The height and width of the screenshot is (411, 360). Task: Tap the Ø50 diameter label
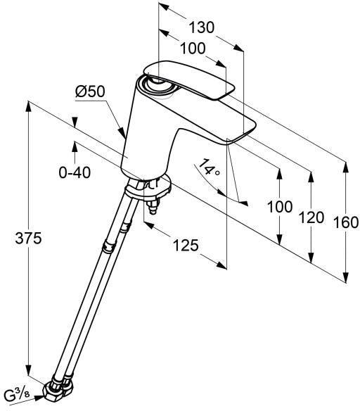89,91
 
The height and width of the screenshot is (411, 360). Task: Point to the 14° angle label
209,170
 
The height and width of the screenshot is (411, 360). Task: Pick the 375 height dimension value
15,239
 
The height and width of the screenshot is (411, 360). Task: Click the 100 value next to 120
280,208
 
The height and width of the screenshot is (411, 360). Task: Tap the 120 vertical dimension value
311,217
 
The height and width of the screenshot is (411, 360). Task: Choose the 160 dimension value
346,222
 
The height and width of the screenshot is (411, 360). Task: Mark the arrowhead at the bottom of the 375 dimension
29,373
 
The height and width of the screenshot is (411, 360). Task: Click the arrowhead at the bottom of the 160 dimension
346,279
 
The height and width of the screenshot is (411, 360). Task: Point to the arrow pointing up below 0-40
73,146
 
